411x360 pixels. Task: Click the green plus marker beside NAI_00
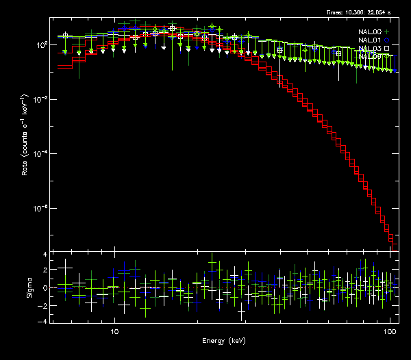point(387,31)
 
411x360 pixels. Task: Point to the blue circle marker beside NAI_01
point(387,40)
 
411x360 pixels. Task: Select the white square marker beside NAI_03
point(387,48)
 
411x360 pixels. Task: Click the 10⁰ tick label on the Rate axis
point(40,44)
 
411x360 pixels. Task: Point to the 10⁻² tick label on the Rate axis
point(40,99)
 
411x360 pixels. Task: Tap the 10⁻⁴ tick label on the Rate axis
point(40,153)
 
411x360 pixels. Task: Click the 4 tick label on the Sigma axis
point(45,255)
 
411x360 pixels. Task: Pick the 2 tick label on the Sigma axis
point(45,271)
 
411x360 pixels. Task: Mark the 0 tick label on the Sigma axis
point(45,288)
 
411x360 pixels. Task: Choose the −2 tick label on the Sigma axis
point(42,305)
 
